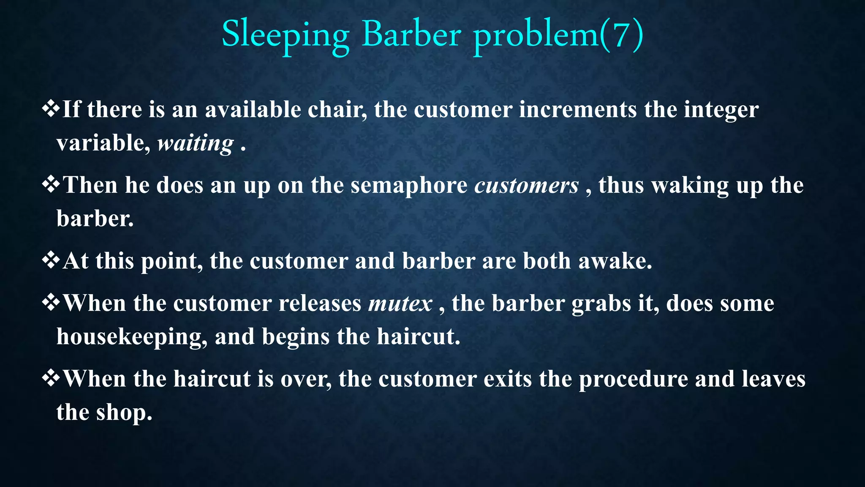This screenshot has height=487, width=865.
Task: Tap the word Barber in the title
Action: point(411,35)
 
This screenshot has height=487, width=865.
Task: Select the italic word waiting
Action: point(195,144)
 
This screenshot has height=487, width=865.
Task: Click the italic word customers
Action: point(526,186)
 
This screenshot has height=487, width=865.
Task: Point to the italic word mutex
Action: point(400,304)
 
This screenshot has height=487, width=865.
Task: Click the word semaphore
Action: point(409,186)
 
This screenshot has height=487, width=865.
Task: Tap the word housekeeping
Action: point(132,337)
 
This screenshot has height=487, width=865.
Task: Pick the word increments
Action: point(577,110)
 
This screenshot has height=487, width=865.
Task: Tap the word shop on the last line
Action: point(124,413)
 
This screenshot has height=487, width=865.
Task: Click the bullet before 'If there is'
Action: point(51,109)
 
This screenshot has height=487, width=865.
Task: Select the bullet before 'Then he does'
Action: point(51,185)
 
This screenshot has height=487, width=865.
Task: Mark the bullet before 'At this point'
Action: point(51,260)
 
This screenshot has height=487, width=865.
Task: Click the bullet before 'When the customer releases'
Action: point(51,303)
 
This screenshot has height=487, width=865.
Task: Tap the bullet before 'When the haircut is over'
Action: point(51,378)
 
